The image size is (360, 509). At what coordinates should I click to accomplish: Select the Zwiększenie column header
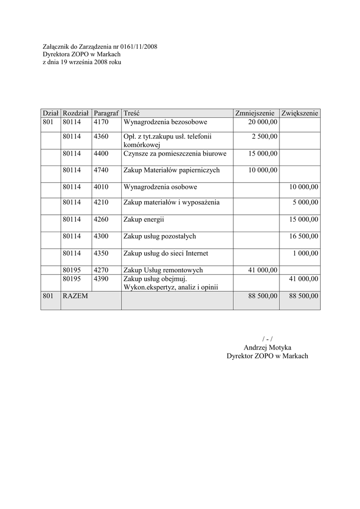pyautogui.click(x=299, y=113)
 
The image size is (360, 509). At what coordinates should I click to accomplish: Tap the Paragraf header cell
pyautogui.click(x=106, y=113)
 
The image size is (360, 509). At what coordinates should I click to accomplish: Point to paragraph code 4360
pyautogui.click(x=101, y=136)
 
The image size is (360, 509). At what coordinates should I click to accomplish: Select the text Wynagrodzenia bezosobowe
pyautogui.click(x=165, y=122)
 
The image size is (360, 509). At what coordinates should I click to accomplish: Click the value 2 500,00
pyautogui.click(x=265, y=136)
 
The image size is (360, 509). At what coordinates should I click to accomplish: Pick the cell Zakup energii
pyautogui.click(x=144, y=219)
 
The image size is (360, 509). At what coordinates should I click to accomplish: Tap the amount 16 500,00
pyautogui.click(x=303, y=236)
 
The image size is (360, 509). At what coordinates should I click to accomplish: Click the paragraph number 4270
pyautogui.click(x=101, y=270)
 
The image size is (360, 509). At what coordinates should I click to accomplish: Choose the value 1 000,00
pyautogui.click(x=306, y=253)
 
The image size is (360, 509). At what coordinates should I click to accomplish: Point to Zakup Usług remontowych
pyautogui.click(x=163, y=270)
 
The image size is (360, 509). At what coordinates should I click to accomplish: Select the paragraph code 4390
pyautogui.click(x=101, y=279)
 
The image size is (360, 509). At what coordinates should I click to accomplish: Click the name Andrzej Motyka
pyautogui.click(x=268, y=347)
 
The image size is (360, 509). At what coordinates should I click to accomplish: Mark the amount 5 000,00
pyautogui.click(x=306, y=202)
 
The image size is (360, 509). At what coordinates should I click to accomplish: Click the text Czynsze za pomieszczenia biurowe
pyautogui.click(x=175, y=154)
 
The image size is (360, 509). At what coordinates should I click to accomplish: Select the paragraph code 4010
pyautogui.click(x=101, y=187)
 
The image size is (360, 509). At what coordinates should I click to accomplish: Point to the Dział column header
pyautogui.click(x=51, y=113)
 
